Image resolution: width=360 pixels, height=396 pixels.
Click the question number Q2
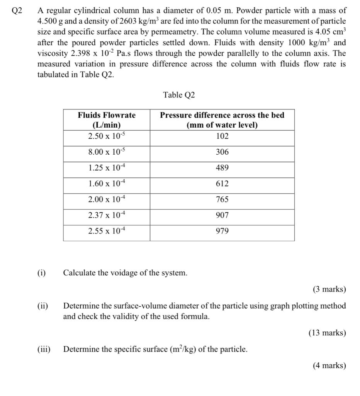tap(17, 11)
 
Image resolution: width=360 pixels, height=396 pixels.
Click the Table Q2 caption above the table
tap(179, 95)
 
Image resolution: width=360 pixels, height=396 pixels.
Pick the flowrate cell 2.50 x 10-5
tap(107, 136)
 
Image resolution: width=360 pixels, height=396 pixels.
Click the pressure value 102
tap(222, 136)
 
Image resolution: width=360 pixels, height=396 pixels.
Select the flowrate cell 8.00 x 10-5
tap(107, 152)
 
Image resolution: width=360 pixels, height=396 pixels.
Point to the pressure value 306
tap(222, 152)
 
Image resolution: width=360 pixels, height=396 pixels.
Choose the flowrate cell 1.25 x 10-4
tap(107, 168)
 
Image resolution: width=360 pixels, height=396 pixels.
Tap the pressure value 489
tap(222, 168)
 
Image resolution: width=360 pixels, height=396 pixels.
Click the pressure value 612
tap(222, 184)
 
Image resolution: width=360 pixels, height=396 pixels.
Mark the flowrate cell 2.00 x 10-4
tap(107, 200)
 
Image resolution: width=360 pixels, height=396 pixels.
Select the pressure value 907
tap(222, 215)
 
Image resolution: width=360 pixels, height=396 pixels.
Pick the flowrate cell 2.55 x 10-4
tap(107, 231)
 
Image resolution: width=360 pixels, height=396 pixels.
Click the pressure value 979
tap(222, 231)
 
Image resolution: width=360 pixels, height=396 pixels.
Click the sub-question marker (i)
tap(41, 273)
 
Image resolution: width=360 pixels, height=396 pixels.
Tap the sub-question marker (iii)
tap(44, 350)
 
